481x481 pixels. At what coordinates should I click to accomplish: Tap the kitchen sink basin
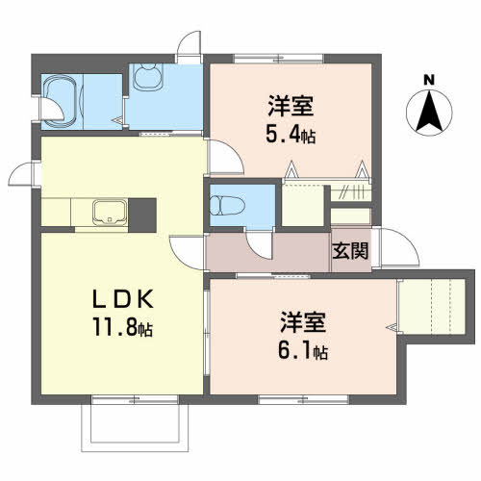point(110,212)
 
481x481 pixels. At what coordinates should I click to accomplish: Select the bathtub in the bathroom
point(62,102)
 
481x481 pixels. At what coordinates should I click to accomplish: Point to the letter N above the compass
point(429,80)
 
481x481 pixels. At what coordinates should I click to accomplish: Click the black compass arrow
point(429,113)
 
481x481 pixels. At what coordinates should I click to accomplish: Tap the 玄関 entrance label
point(350,251)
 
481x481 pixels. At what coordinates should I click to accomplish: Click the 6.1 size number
point(294,350)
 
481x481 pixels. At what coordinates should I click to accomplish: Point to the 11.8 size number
point(114,327)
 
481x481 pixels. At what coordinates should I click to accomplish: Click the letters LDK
point(122,299)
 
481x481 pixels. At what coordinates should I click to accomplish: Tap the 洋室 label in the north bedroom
point(291,106)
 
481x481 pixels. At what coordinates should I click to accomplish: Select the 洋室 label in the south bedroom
point(303,322)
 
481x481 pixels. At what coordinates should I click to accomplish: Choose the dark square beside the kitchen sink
point(142,215)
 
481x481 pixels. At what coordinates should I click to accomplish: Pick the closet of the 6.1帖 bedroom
point(432,307)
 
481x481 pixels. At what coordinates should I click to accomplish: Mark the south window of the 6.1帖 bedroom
point(303,399)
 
